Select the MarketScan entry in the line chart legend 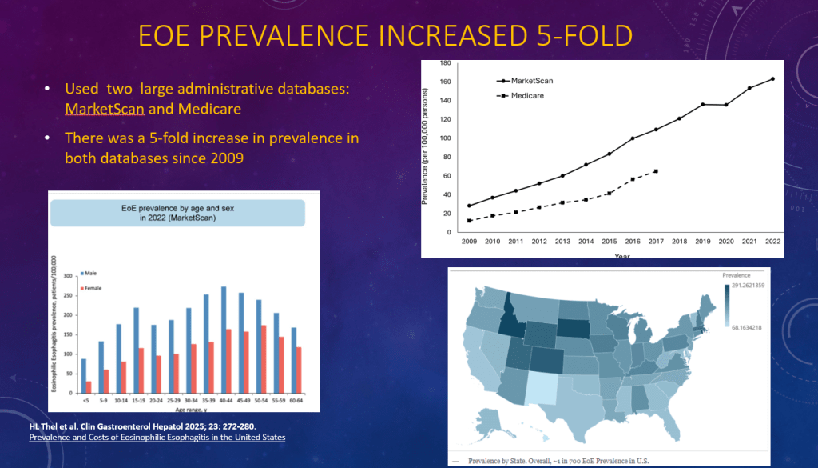coord(531,81)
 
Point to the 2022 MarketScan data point coord(772,78)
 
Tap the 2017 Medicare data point coord(656,171)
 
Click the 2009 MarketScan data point coord(469,206)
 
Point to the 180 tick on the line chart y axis coord(446,63)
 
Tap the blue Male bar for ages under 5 coord(83,375)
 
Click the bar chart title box coord(179,212)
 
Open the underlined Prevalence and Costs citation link coord(157,438)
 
